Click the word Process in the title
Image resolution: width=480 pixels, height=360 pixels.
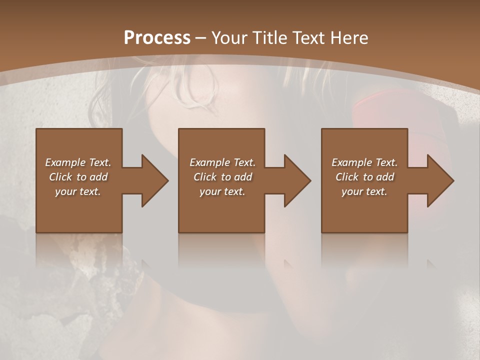[157, 38]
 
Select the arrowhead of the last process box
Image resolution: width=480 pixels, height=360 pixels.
[440, 180]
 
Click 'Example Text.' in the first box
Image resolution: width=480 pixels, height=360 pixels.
[78, 162]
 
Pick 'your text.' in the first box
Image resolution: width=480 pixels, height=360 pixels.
[78, 191]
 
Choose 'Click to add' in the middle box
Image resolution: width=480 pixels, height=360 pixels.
[222, 177]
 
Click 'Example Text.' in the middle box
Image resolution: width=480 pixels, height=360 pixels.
[222, 162]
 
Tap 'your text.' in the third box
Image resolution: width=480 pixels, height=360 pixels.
[364, 191]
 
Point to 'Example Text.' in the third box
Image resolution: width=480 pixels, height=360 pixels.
[364, 162]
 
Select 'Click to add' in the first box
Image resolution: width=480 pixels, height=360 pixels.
[78, 177]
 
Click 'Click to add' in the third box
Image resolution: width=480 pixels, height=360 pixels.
[364, 177]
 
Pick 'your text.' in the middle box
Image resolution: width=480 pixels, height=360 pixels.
[222, 191]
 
